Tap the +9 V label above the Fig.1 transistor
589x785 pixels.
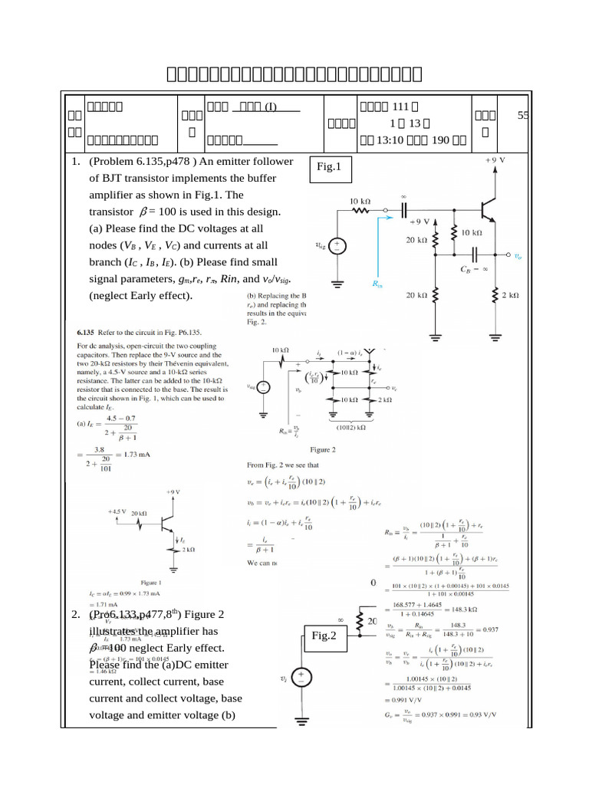pyautogui.click(x=496, y=161)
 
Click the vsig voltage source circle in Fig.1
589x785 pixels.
pyautogui.click(x=336, y=246)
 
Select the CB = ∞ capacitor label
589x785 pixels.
pyautogui.click(x=475, y=270)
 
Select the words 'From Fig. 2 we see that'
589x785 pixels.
pyautogui.click(x=281, y=465)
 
